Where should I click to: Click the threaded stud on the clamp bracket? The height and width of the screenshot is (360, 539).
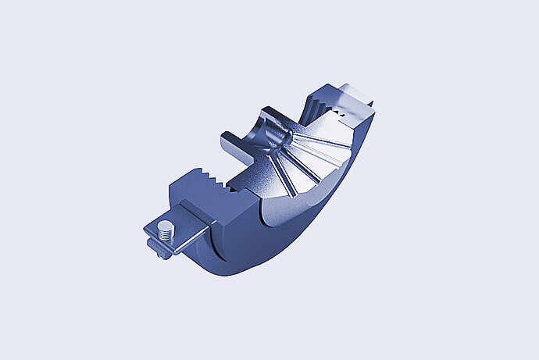pos(165,230)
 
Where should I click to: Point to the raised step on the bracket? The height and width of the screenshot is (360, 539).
pos(195,215)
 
